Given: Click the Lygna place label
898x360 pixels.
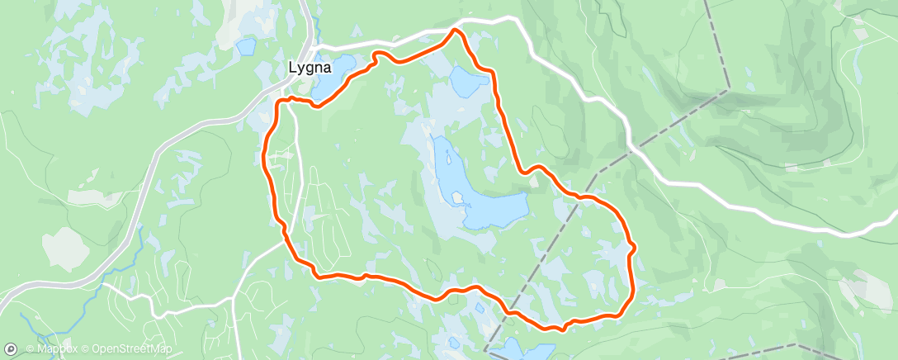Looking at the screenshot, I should (x=310, y=70).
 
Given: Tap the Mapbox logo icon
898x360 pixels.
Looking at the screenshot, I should (x=11, y=349).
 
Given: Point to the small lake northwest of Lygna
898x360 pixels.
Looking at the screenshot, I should (x=246, y=46).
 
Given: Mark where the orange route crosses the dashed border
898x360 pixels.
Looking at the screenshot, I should (x=510, y=313).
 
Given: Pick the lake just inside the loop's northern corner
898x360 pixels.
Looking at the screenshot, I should (x=467, y=81).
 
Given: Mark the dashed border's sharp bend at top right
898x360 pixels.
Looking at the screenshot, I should (x=728, y=89).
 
